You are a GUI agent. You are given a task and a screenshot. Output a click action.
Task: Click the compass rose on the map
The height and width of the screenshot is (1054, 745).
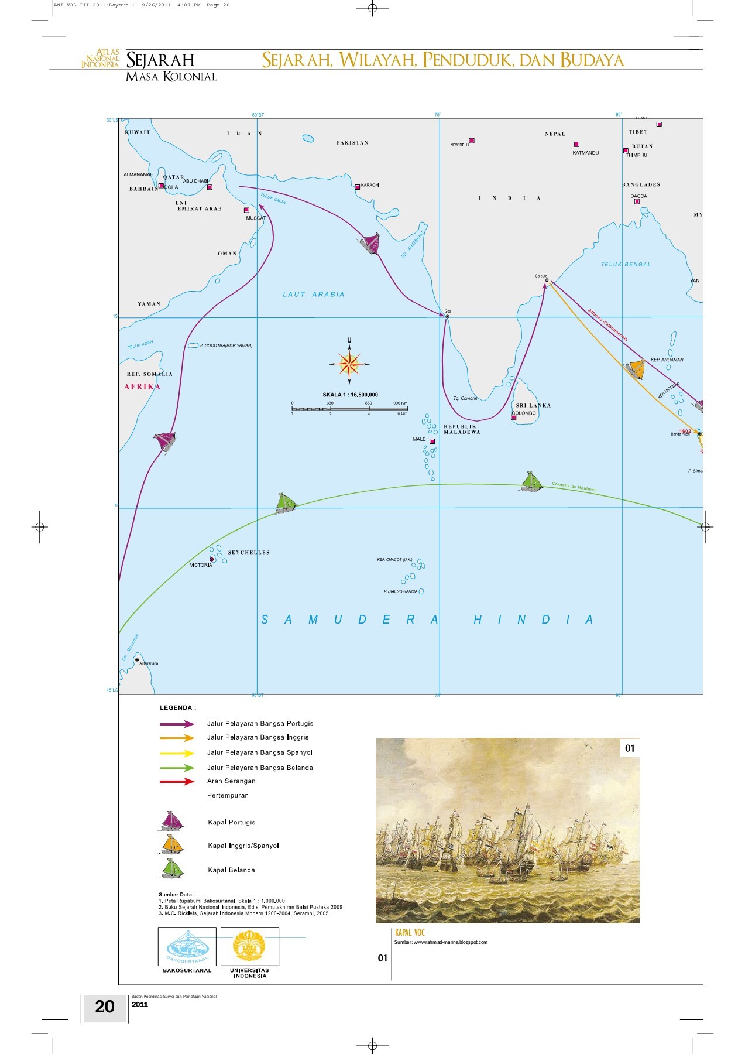coord(349,364)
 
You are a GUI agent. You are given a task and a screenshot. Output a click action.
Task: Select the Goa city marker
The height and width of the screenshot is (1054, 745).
coord(447,316)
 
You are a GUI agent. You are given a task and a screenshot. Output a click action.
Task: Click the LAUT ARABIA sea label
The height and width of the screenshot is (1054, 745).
coord(314,295)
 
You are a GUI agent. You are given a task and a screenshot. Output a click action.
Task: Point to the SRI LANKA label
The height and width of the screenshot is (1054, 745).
coord(533,405)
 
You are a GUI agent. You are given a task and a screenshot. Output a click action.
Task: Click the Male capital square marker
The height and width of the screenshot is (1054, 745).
coord(432,441)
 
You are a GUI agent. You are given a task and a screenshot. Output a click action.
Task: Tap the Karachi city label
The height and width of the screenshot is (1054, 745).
coord(370,185)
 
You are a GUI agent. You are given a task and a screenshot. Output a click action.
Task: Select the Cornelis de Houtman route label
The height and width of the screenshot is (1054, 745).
coord(574,487)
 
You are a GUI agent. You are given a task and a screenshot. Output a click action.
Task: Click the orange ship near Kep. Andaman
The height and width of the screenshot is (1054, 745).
coord(636,369)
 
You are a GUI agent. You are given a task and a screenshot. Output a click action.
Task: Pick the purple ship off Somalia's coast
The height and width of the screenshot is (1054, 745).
coord(165,441)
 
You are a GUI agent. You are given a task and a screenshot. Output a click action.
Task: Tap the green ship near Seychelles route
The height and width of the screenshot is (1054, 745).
coord(286,503)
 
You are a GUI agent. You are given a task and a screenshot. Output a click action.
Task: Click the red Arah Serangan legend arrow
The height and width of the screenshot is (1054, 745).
coord(176,781)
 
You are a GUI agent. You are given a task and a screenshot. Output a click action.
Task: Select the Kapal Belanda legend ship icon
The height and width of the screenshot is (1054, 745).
coord(171,868)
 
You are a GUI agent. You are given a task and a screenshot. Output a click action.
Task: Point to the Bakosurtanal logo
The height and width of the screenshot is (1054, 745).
coord(187,946)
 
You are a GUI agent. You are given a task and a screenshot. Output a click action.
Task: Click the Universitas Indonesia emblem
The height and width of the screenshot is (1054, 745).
coord(249,946)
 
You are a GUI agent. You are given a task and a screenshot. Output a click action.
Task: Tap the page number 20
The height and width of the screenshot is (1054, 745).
coord(105,1007)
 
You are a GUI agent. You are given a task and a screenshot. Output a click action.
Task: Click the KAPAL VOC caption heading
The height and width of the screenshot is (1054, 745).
coord(410,933)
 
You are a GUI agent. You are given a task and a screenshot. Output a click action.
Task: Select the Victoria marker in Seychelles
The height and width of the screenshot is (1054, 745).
coord(212,559)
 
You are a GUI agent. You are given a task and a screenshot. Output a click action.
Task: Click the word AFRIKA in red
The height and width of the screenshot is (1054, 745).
coord(142,386)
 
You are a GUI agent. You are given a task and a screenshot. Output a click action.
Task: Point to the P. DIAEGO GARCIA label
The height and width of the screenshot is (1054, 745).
coord(401,591)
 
